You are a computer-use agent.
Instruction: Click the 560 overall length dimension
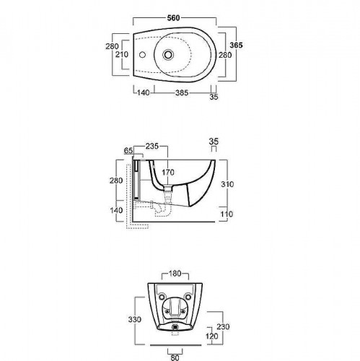(173, 18)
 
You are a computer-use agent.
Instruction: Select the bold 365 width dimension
(236, 45)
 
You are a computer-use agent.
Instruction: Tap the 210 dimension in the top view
(122, 55)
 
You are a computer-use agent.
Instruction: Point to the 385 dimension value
(182, 92)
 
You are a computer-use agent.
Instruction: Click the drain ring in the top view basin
(168, 54)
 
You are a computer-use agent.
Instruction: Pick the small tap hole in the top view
(142, 55)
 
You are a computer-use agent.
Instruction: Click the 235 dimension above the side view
(152, 146)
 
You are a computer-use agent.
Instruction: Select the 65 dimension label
(128, 151)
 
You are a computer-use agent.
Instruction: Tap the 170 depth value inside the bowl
(168, 173)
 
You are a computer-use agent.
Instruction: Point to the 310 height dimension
(227, 184)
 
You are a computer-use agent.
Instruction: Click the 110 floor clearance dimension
(227, 214)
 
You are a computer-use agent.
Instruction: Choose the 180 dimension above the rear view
(175, 274)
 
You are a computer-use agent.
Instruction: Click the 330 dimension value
(135, 320)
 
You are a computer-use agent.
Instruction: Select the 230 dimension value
(223, 326)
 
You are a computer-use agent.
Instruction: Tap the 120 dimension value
(212, 336)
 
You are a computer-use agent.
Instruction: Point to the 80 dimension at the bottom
(175, 357)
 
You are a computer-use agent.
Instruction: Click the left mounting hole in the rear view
(162, 297)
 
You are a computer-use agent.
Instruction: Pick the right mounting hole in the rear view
(188, 297)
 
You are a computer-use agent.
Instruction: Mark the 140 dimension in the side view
(116, 210)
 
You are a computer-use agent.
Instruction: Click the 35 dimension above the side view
(214, 142)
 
